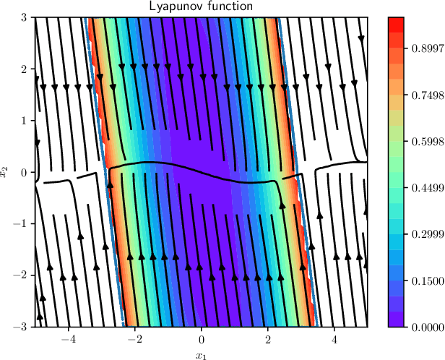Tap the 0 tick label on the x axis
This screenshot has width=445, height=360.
pos(202,338)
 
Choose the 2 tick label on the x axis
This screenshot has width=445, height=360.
pos(269,338)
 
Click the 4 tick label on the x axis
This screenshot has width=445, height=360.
pos(334,338)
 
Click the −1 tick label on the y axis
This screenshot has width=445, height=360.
pos(21,224)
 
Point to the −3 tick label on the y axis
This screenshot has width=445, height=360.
pos(21,327)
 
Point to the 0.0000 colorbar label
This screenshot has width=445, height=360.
pos(423,327)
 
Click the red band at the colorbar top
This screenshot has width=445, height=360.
pos(394,24)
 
